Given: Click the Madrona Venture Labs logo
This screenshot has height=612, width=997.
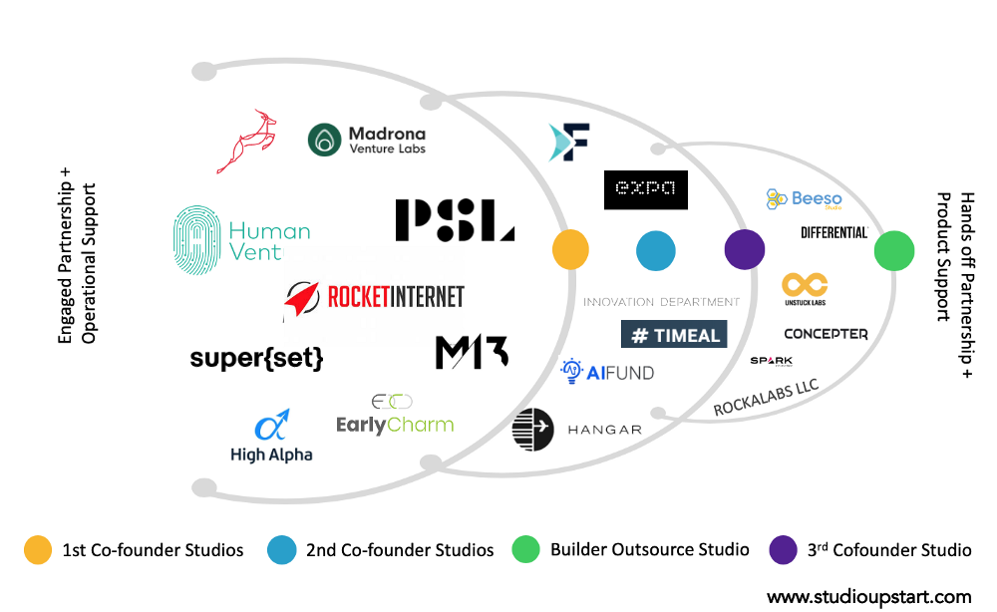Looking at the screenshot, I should (x=367, y=141).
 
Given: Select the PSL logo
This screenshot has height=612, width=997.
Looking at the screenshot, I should (x=454, y=220).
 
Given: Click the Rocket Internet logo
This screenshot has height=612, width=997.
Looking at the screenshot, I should (x=375, y=297).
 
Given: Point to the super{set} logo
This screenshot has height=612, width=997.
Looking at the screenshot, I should (x=257, y=358).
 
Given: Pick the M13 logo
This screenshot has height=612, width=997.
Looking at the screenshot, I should (x=472, y=352).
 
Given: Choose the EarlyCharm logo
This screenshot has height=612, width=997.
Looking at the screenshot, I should (x=395, y=417).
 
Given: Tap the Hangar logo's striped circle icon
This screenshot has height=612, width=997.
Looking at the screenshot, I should (x=532, y=430).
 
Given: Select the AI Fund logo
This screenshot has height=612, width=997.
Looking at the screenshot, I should (x=608, y=373).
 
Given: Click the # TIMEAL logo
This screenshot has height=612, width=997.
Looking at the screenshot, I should (x=674, y=334).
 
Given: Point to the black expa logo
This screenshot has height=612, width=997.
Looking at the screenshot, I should (x=645, y=189).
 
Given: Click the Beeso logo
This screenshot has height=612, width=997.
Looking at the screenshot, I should (x=805, y=199).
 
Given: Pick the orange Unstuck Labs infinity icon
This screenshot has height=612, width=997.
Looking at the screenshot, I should (x=804, y=284).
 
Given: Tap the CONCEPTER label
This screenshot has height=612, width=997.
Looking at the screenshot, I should (x=826, y=334).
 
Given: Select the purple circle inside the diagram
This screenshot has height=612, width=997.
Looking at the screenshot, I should (x=744, y=250).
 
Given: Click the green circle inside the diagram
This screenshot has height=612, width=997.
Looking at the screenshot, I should (x=894, y=250).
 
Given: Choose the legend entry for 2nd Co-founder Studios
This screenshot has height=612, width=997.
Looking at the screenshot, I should (x=384, y=549).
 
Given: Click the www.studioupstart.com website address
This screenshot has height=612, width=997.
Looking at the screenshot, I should (x=868, y=596).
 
